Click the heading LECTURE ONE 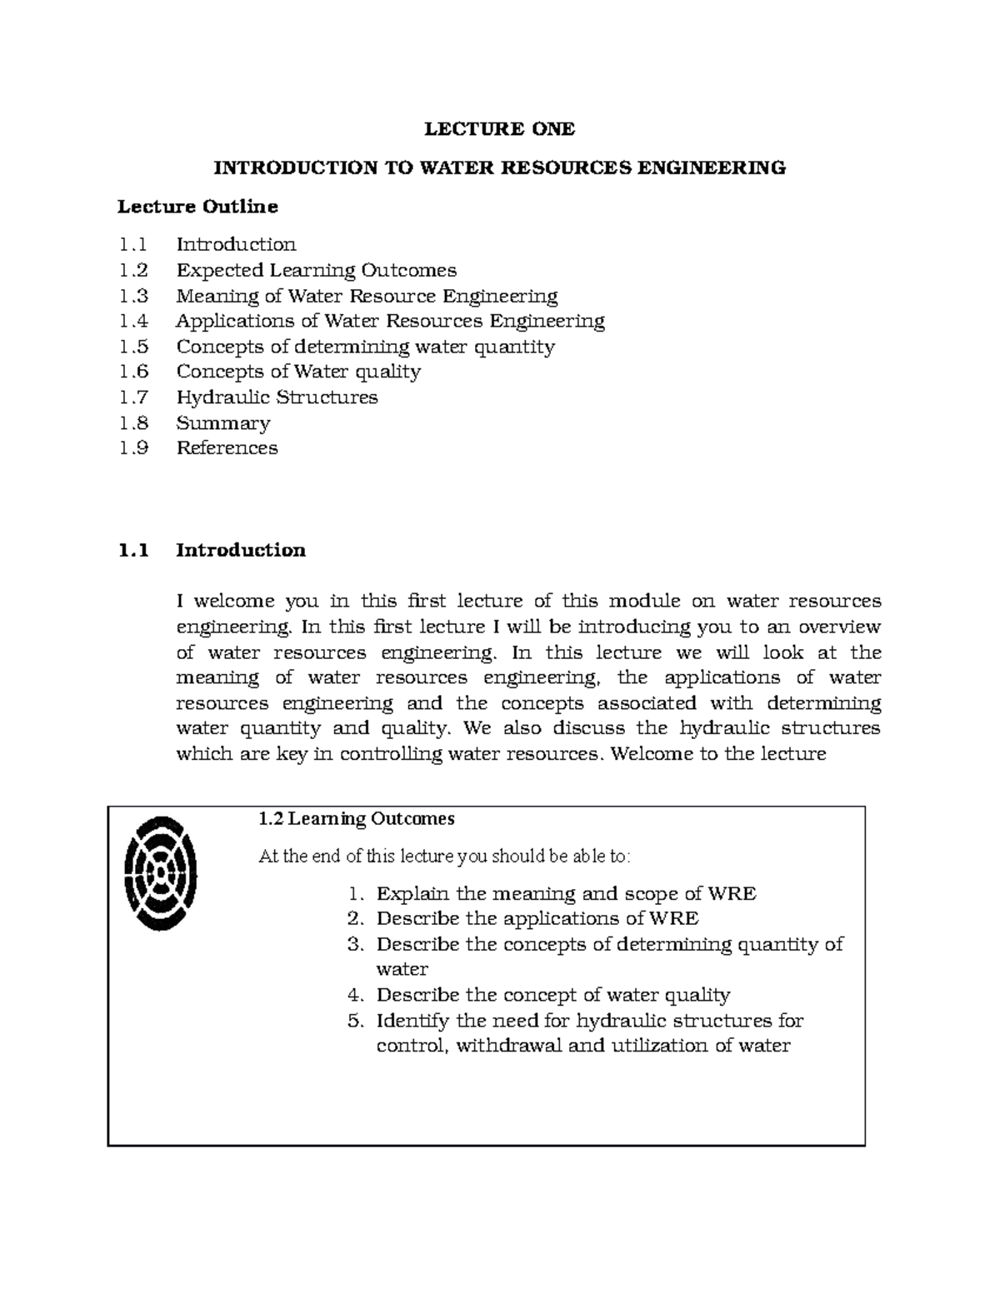pos(499,129)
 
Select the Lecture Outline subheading pos(197,206)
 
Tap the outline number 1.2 pos(133,270)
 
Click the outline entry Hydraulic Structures pos(277,397)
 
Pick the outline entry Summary pos(222,423)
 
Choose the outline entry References pos(227,448)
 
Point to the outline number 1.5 pos(133,347)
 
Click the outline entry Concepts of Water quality pos(297,372)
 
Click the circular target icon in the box pos(160,872)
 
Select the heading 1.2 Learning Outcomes pos(357,819)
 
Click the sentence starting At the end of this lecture pos(445,857)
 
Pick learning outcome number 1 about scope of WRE pos(566,894)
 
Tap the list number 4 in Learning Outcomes pos(357,995)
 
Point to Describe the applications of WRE pos(537,918)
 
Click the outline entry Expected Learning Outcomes pos(316,270)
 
